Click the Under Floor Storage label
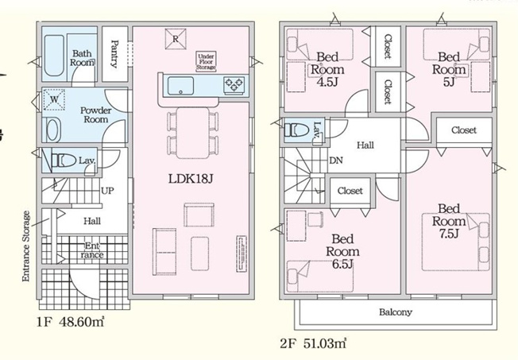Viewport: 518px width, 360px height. [207, 61]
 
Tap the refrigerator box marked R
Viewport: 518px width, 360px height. [174, 37]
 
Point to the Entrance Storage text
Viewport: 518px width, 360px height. [26, 246]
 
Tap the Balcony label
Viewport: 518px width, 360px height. [394, 312]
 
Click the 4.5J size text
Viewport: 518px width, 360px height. [328, 80]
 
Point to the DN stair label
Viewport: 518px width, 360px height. [337, 159]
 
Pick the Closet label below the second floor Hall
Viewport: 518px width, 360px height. [350, 191]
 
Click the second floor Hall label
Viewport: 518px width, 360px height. [365, 145]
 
